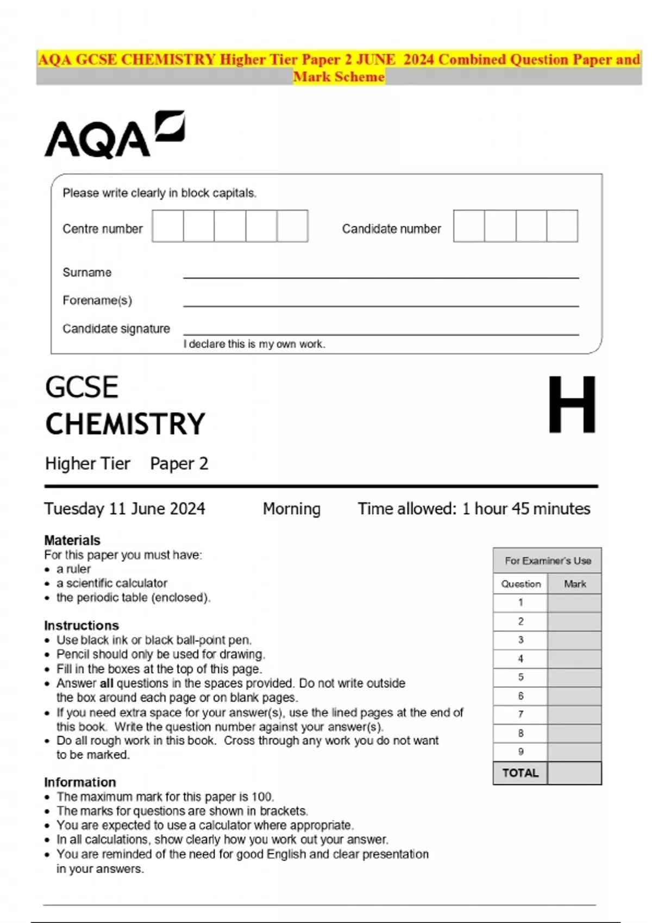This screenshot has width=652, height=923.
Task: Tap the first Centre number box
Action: [168, 226]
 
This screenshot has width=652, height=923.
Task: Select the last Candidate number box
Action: [562, 226]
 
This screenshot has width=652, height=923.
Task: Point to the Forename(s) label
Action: [97, 300]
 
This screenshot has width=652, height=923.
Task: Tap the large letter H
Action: [572, 405]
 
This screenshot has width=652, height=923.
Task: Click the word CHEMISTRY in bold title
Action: [126, 424]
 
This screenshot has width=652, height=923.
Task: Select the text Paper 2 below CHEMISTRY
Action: [179, 464]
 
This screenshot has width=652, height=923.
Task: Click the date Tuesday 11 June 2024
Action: [124, 509]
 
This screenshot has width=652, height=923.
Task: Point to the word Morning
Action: [292, 509]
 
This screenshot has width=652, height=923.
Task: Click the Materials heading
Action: [72, 540]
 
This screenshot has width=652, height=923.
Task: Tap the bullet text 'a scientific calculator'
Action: [112, 583]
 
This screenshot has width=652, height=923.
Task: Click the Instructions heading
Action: [81, 625]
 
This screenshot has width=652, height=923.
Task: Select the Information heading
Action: [80, 782]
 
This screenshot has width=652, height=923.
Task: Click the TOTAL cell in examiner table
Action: [520, 773]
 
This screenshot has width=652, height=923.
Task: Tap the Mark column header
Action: [575, 584]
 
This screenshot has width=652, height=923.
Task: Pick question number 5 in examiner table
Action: [521, 677]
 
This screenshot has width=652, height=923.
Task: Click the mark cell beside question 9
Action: [574, 752]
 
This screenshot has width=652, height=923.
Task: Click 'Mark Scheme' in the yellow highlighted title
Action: [338, 77]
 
